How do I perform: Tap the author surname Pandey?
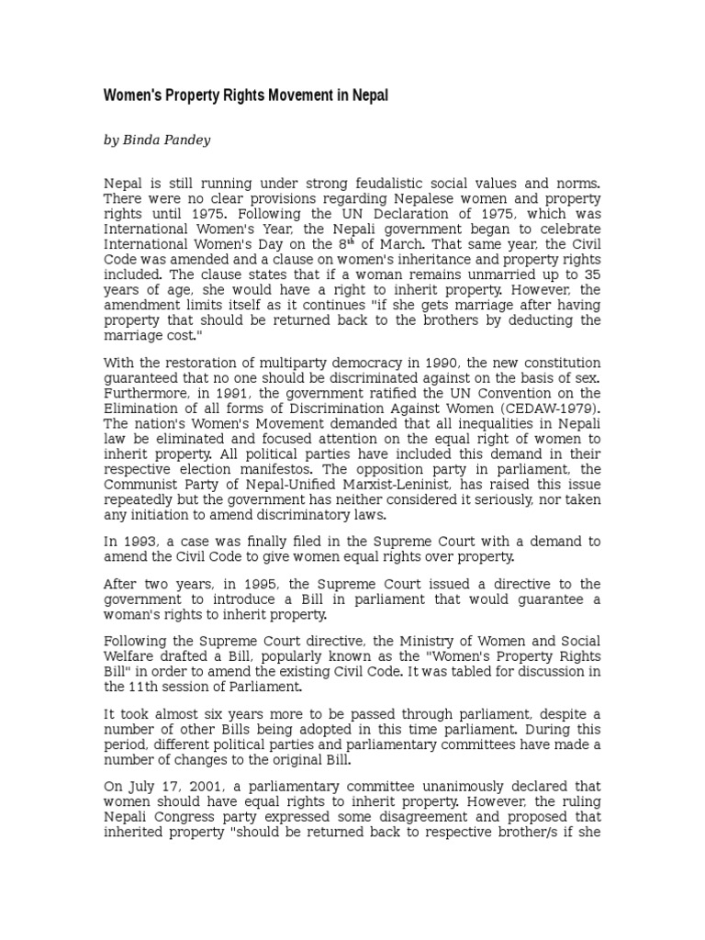[186, 140]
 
